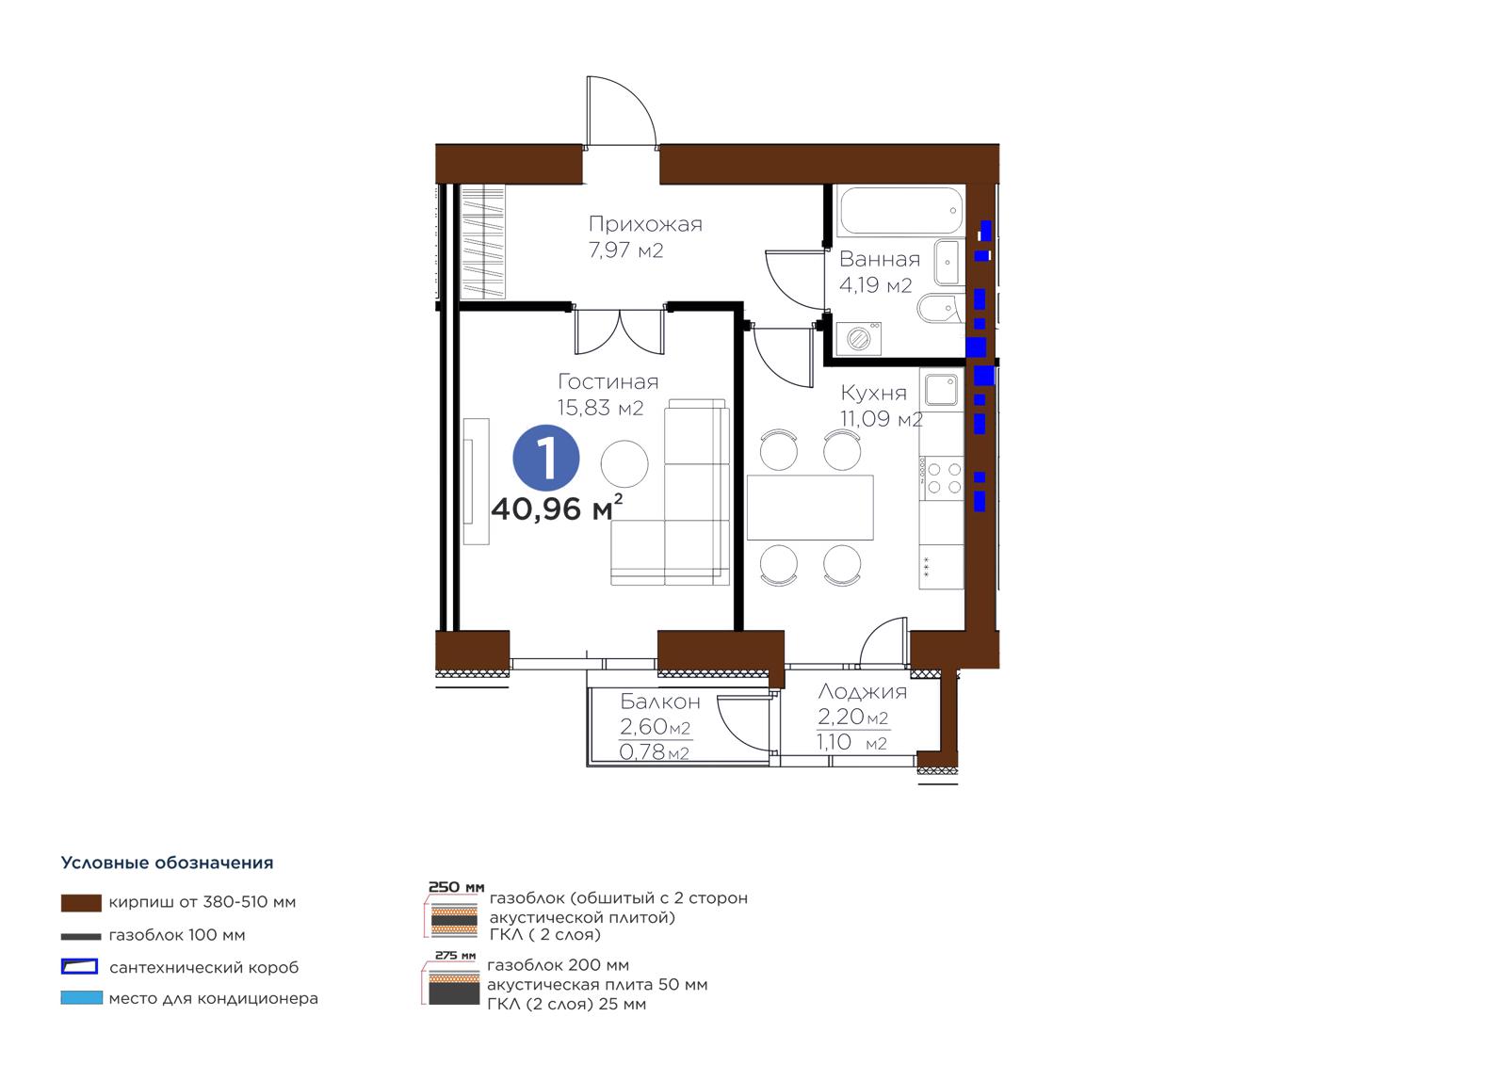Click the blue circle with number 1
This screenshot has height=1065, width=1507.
[x=545, y=458]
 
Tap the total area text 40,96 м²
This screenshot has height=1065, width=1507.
[x=557, y=508]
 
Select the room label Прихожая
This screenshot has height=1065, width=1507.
[x=645, y=224]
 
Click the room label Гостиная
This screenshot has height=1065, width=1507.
[x=608, y=381]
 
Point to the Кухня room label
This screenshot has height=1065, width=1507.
[x=873, y=393]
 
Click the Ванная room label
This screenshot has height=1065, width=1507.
[x=880, y=259]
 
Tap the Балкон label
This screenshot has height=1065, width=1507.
[x=660, y=702]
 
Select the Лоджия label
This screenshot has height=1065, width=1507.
[x=863, y=692]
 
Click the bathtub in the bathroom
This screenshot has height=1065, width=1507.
[x=901, y=211]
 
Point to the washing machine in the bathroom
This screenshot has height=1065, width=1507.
[x=858, y=338]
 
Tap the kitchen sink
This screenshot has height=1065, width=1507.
[x=941, y=390]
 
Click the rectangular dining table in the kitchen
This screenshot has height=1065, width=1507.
[x=810, y=508]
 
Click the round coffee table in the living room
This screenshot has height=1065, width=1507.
[x=624, y=463]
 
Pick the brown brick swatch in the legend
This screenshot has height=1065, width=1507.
[x=81, y=903]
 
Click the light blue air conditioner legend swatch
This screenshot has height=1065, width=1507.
[x=81, y=998]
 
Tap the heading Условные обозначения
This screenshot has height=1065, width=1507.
[x=167, y=863]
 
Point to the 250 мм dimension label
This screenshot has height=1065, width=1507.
[x=456, y=887]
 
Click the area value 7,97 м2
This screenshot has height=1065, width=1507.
[x=625, y=250]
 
